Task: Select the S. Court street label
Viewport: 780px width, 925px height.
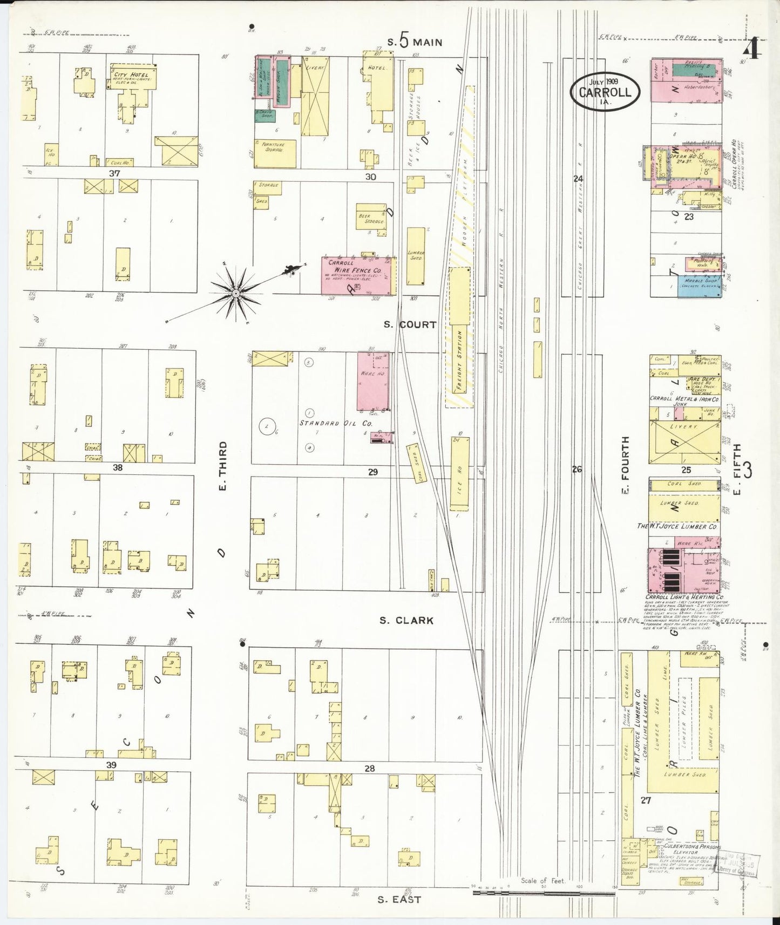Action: click(410, 324)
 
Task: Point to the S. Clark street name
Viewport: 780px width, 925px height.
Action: click(406, 621)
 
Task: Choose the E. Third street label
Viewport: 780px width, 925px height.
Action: click(223, 467)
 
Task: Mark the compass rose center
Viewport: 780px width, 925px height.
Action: click(236, 294)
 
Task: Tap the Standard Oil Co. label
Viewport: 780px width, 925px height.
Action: click(332, 423)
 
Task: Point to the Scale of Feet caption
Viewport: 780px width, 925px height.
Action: click(542, 881)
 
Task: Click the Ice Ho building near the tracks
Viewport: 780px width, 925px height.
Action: click(460, 474)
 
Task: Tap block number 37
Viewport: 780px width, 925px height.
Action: click(114, 173)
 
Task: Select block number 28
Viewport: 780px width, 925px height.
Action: click(369, 768)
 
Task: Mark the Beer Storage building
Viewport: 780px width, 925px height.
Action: click(371, 218)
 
